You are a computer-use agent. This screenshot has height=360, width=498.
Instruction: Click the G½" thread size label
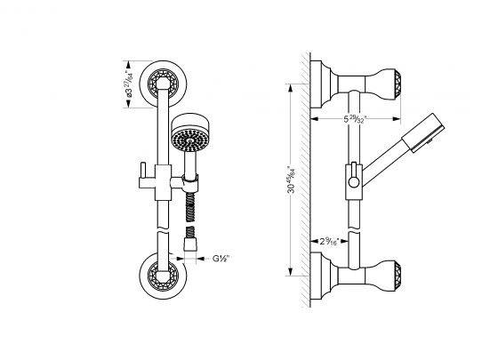(x=221, y=260)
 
